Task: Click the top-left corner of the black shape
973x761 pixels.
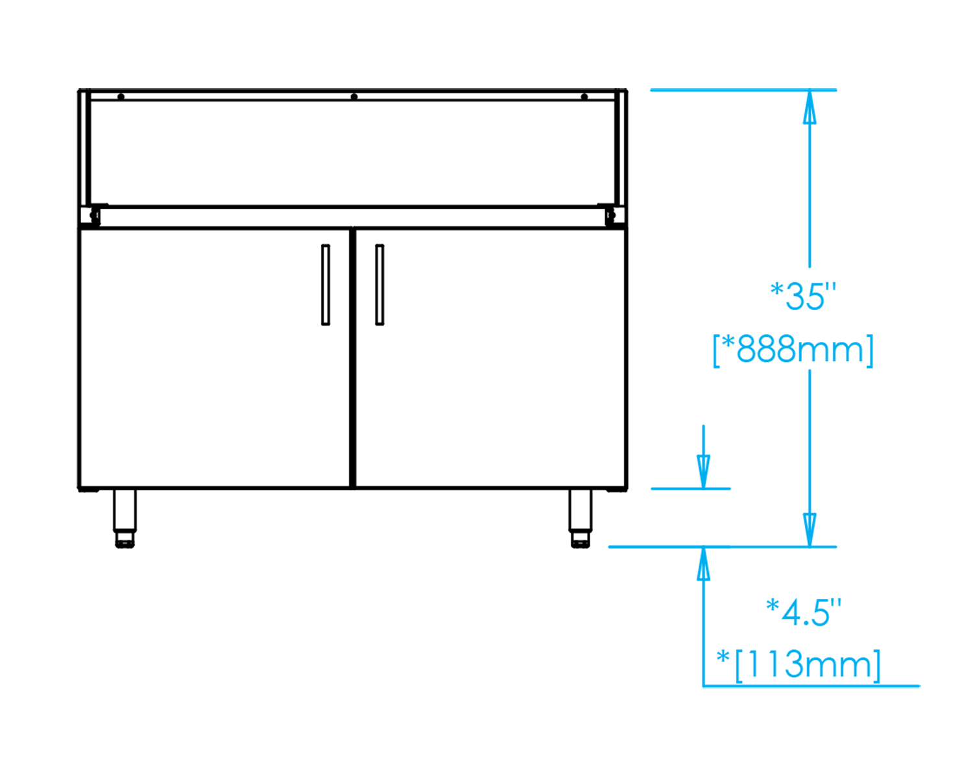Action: point(77,89)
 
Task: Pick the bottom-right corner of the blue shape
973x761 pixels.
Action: point(920,688)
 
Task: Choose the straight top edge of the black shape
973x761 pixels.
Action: point(357,89)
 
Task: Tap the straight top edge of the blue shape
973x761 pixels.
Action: point(778,89)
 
